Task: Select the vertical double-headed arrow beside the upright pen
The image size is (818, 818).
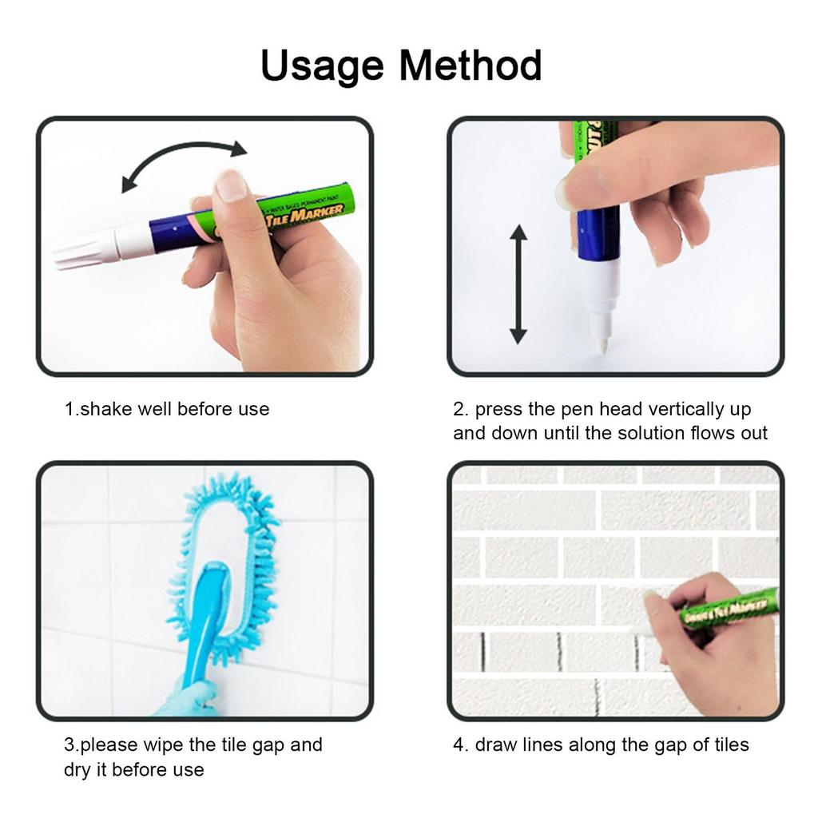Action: (518, 284)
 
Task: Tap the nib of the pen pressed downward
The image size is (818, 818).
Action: (599, 345)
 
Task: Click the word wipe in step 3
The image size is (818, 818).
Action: (163, 745)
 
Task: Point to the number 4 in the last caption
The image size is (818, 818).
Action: (459, 745)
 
